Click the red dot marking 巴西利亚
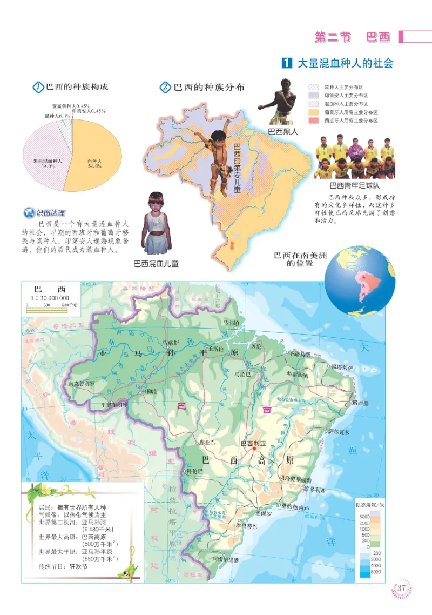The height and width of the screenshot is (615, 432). [x=254, y=449]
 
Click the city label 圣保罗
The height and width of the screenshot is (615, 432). [x=264, y=513]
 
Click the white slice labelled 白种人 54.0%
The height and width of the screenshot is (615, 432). [x=94, y=157]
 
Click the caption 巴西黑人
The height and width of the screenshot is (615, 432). [x=283, y=131]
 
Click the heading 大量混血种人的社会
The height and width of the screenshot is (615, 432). [x=346, y=63]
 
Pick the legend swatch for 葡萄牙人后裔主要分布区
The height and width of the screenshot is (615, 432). [x=313, y=111]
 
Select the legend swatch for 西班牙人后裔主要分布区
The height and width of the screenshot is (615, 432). [x=313, y=120]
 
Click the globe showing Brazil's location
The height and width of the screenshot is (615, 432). [x=361, y=281]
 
